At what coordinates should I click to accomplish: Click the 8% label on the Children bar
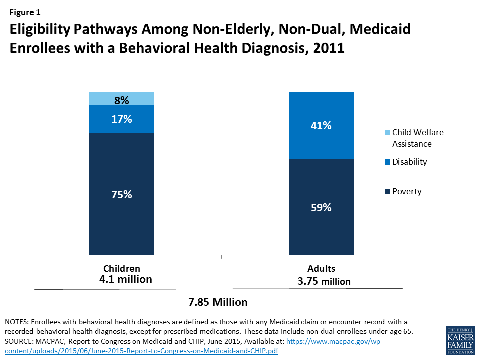(x=121, y=100)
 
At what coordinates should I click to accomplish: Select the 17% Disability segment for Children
(x=121, y=119)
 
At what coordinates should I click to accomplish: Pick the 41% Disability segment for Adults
(x=321, y=126)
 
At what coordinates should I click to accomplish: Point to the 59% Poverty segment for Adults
(x=321, y=207)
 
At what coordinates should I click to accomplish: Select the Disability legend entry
(x=409, y=162)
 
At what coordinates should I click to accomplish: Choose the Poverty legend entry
(x=407, y=191)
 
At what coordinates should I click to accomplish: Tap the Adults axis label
(x=321, y=268)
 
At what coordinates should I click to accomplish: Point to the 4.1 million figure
(x=126, y=279)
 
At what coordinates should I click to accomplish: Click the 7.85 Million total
(x=217, y=302)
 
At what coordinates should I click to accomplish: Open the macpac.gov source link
(x=334, y=340)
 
